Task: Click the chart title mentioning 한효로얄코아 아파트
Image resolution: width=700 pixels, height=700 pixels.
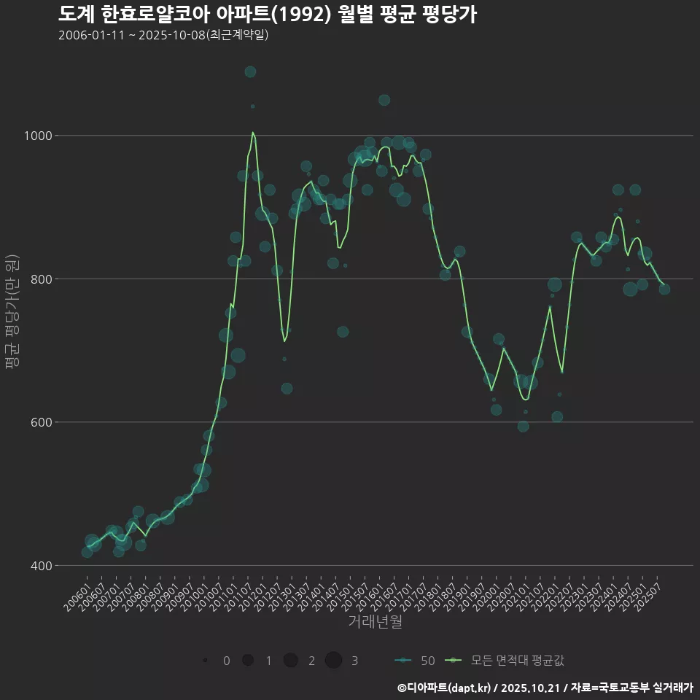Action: click(267, 15)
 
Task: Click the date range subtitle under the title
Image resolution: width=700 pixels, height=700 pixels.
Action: click(163, 35)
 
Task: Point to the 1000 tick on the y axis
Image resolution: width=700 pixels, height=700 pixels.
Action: click(38, 136)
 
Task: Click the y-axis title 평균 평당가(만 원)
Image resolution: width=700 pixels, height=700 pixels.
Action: click(12, 313)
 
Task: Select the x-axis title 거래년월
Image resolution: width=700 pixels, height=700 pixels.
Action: click(375, 621)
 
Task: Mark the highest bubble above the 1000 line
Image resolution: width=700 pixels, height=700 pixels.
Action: click(250, 71)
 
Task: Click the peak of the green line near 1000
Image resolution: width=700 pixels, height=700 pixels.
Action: click(252, 132)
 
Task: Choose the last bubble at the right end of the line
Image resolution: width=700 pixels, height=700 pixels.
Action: click(664, 289)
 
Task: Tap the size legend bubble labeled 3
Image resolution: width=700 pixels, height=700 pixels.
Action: click(333, 661)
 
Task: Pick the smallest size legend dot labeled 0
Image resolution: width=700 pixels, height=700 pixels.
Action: click(206, 661)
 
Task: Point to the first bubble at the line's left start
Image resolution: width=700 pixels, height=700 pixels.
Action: click(87, 552)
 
